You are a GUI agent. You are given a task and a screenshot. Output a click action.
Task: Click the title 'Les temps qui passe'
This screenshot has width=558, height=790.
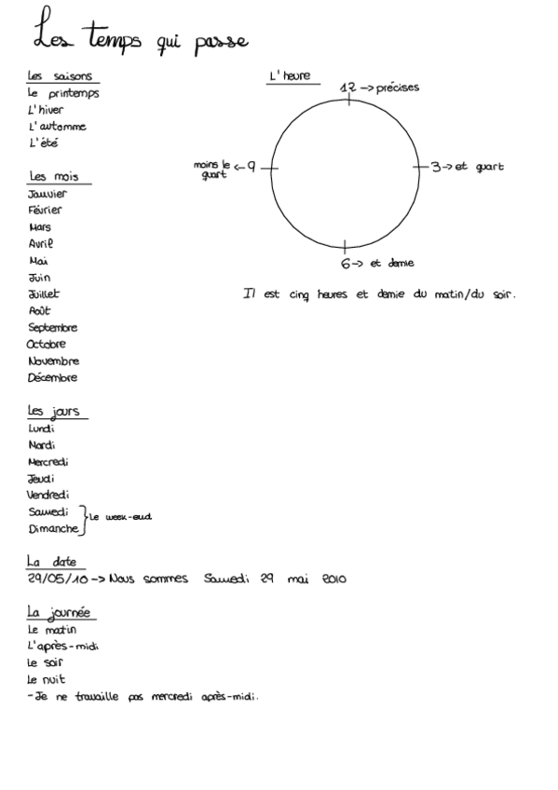pos(140,37)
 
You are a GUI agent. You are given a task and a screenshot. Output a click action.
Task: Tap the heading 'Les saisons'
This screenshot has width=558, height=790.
pos(63,76)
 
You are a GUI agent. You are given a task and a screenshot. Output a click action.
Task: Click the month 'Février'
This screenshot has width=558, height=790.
pos(46,211)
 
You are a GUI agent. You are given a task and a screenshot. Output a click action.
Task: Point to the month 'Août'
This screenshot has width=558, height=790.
pos(40,311)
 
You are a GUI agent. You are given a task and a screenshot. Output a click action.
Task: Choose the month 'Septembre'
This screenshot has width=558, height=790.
pos(53,328)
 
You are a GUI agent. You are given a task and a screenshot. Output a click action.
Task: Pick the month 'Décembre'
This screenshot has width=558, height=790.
pos(53,378)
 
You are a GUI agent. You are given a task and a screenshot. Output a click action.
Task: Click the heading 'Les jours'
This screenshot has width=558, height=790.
pos(55,411)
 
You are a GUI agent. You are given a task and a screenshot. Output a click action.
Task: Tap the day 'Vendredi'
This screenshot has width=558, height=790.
pos(48,496)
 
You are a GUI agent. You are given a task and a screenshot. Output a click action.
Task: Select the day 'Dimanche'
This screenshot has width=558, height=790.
pos(53,529)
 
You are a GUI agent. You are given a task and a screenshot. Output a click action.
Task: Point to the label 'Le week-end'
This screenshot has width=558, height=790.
pos(120,517)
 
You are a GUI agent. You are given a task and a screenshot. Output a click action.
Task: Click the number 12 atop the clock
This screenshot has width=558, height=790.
pos(349,88)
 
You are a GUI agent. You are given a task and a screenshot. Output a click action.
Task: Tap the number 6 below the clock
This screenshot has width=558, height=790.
pos(346,264)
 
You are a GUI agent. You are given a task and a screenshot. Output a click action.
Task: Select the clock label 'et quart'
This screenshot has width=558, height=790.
pos(479,168)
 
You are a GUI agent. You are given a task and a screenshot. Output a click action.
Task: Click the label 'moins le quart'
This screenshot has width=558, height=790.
pos(212,170)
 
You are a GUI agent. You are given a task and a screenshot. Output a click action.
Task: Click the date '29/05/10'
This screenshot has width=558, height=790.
pos(58,579)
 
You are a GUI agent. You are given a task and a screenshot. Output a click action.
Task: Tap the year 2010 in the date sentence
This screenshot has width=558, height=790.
pos(333,579)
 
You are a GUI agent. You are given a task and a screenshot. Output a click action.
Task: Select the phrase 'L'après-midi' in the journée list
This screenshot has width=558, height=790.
pos(63,647)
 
